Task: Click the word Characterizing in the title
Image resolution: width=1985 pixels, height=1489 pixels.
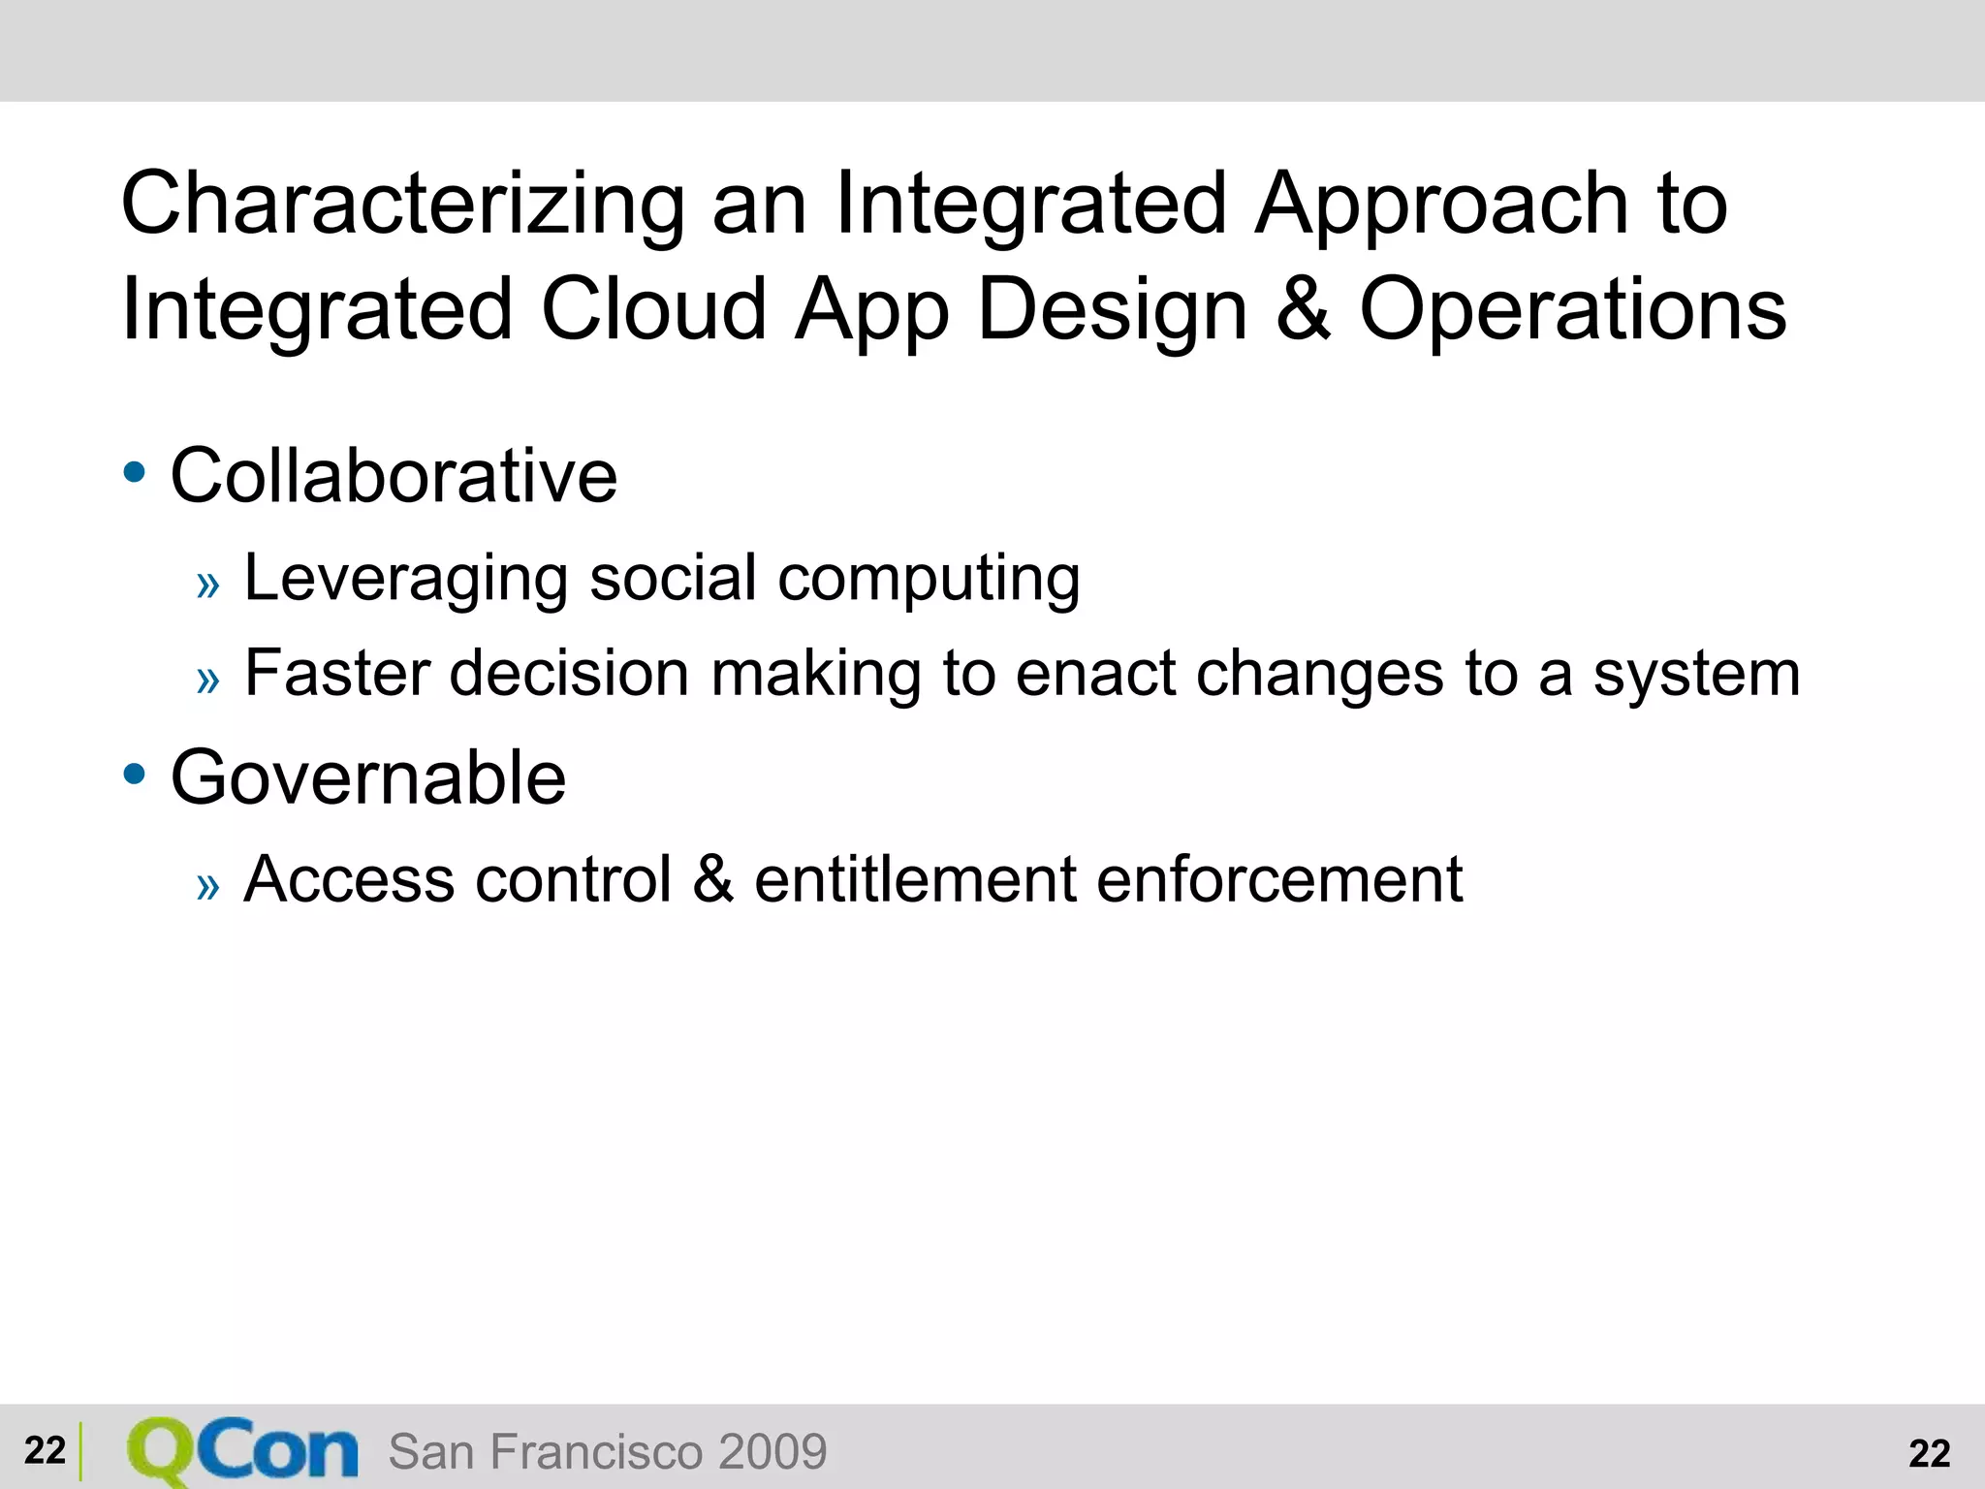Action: pyautogui.click(x=402, y=205)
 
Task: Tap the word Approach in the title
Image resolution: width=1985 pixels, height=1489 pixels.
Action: pyautogui.click(x=1440, y=205)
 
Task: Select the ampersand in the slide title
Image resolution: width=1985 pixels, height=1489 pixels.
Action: pyautogui.click(x=1303, y=309)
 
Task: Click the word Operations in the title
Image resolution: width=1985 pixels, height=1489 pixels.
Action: pyautogui.click(x=1572, y=309)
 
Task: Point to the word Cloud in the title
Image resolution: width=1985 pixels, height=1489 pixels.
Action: pyautogui.click(x=653, y=309)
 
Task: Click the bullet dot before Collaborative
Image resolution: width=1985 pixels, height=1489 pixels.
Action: pyautogui.click(x=135, y=474)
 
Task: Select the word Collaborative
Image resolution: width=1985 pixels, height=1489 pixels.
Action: pyautogui.click(x=394, y=476)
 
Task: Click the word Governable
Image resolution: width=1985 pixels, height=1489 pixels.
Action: pyautogui.click(x=368, y=778)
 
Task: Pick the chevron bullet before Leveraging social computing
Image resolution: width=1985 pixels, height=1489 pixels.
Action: pyautogui.click(x=207, y=586)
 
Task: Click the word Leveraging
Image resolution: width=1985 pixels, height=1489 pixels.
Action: pyautogui.click(x=405, y=580)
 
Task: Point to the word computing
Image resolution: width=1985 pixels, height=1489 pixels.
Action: pyautogui.click(x=929, y=580)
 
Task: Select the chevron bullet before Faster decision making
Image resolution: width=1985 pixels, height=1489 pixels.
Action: pyautogui.click(x=207, y=681)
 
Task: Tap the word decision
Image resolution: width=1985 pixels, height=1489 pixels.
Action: pyautogui.click(x=569, y=674)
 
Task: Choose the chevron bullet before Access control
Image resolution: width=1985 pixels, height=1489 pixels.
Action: pyautogui.click(x=207, y=886)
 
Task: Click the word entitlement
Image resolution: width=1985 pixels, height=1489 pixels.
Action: pyautogui.click(x=913, y=880)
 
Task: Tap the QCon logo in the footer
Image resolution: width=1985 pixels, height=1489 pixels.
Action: pyautogui.click(x=242, y=1451)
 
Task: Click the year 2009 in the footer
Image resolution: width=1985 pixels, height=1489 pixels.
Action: pyautogui.click(x=772, y=1452)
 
